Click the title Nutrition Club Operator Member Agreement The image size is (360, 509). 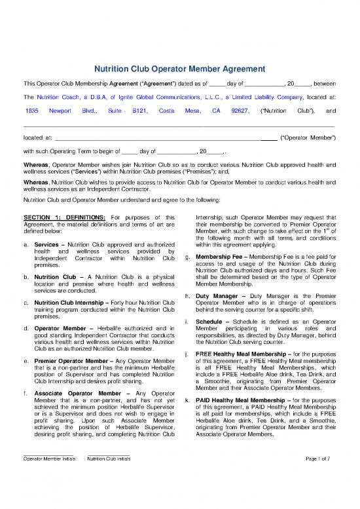pyautogui.click(x=180, y=67)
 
